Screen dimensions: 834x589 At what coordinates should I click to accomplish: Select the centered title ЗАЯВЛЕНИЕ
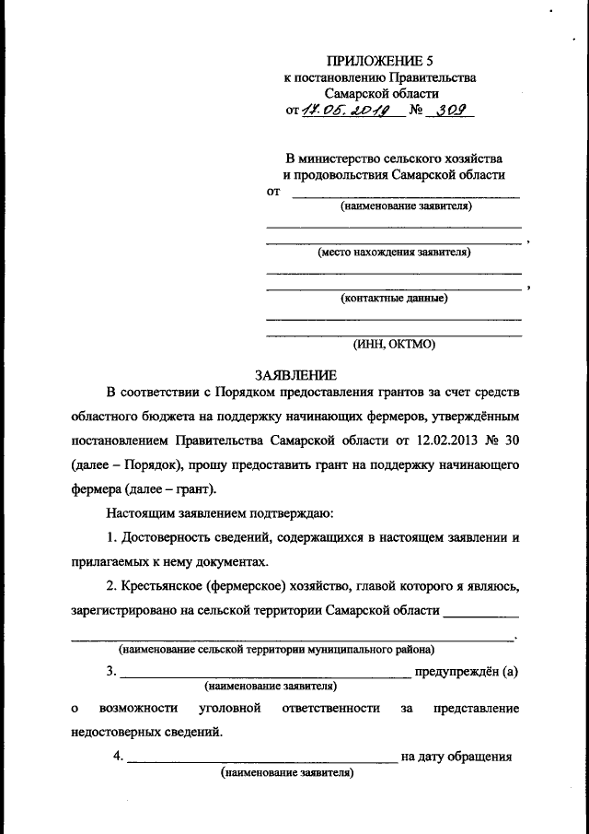(295, 375)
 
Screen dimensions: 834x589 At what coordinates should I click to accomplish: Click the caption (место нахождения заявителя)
(394, 252)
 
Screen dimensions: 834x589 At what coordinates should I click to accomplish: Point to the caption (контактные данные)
(394, 298)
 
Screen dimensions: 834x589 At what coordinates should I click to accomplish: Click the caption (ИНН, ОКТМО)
(394, 345)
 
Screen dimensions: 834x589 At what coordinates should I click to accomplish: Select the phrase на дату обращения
(456, 758)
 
